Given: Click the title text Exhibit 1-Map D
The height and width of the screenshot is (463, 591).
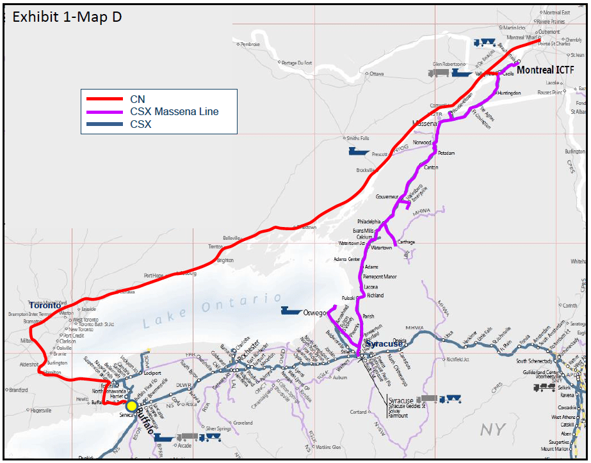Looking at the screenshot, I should (x=67, y=17).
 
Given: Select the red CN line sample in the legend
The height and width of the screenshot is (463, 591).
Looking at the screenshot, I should (x=104, y=99).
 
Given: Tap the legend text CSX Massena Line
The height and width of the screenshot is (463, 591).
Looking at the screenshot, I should (x=174, y=112).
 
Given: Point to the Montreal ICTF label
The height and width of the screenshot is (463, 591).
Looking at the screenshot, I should (x=546, y=70).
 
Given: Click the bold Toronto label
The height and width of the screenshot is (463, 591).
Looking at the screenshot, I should (x=45, y=306).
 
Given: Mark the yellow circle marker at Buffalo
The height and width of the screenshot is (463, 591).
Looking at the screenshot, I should (x=132, y=405).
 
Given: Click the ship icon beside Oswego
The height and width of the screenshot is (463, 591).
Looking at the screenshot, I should (x=291, y=311).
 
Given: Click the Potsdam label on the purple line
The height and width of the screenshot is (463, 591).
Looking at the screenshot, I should (x=446, y=153).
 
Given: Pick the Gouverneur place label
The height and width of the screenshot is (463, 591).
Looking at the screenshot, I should (x=387, y=196).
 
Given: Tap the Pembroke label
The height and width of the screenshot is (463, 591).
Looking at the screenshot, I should (x=250, y=44).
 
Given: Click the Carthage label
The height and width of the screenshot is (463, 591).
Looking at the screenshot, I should (x=406, y=242).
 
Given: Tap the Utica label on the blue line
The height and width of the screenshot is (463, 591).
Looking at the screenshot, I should (x=448, y=334).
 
